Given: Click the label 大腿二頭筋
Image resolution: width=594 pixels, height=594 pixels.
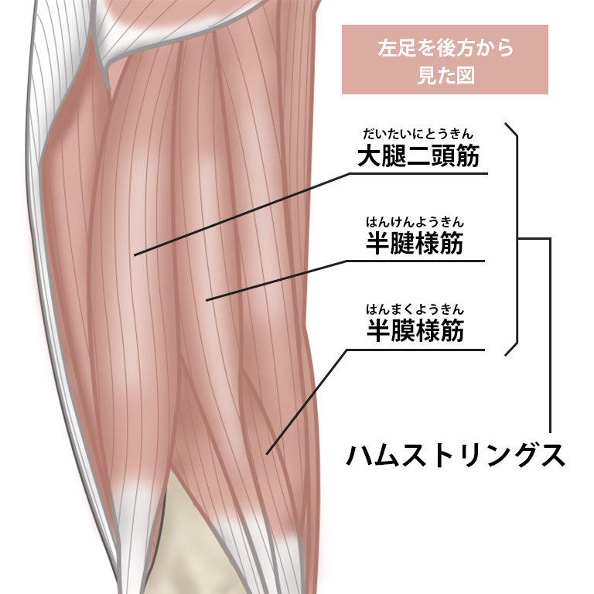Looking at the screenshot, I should click(418, 156).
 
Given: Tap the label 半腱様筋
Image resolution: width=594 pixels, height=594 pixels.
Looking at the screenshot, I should click(415, 244).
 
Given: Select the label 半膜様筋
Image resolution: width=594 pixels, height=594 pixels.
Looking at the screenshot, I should click(415, 331).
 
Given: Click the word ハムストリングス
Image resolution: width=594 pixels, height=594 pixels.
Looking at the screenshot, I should click(455, 455).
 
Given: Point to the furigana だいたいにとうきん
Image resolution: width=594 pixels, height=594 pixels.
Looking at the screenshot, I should click(418, 135).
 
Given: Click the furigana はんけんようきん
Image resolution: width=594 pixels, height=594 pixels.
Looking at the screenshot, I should click(415, 223).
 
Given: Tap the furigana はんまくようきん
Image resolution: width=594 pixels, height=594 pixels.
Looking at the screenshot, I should click(415, 310).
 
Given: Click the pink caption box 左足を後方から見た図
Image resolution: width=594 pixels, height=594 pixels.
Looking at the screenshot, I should click(445, 60).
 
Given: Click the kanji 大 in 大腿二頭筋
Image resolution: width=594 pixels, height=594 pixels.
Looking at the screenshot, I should click(369, 156).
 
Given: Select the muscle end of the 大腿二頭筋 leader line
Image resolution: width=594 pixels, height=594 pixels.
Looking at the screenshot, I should click(135, 254).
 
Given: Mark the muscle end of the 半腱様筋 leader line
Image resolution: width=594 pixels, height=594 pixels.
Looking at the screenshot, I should click(207, 299).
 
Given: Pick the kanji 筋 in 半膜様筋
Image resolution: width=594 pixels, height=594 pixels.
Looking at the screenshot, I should click(452, 331).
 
